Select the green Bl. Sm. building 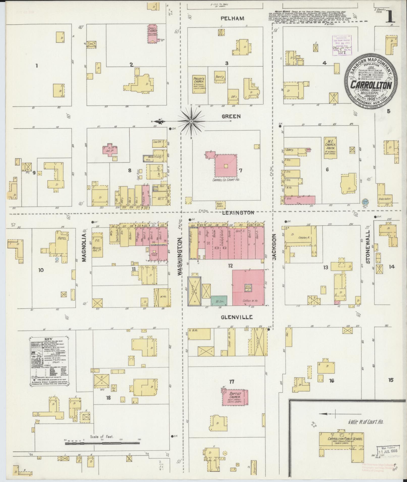point(219,301)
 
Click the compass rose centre point(191,121)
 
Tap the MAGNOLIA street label point(84,244)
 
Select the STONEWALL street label point(368,247)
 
